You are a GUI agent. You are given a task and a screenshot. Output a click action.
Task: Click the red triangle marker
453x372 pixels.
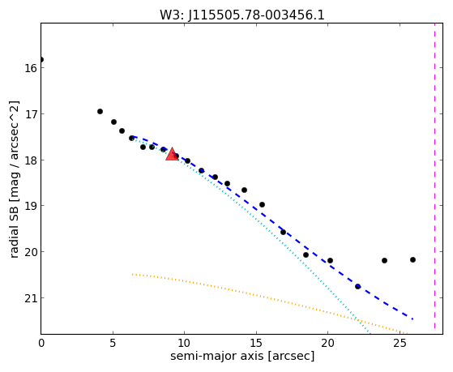(x=172, y=154)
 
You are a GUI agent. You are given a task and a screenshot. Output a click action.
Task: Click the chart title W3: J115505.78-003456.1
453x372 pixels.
(x=242, y=15)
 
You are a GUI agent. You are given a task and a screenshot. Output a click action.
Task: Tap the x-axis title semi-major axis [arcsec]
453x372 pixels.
(x=242, y=356)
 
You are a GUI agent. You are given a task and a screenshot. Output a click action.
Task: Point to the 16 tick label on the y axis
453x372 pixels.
(x=30, y=68)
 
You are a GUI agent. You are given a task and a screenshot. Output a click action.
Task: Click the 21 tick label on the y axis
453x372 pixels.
(x=30, y=298)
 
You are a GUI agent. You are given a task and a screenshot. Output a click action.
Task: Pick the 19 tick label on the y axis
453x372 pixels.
(x=30, y=206)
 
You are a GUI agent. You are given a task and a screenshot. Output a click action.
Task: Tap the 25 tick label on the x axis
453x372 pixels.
(x=400, y=343)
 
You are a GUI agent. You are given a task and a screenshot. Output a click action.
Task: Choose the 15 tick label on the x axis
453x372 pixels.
(x=256, y=343)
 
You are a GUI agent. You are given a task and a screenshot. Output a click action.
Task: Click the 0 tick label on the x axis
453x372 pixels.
(x=41, y=343)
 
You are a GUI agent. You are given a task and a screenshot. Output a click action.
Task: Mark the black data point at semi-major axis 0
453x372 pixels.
(x=41, y=59)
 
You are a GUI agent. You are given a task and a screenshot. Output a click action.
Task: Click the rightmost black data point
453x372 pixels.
(x=412, y=259)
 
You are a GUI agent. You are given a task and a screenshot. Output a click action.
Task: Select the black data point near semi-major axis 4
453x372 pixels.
(x=100, y=111)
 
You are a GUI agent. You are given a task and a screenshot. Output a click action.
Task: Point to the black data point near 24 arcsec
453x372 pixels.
(x=384, y=260)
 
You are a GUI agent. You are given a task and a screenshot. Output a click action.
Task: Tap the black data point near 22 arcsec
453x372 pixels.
(x=357, y=286)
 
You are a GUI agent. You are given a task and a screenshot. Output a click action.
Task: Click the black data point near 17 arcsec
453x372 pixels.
(x=283, y=232)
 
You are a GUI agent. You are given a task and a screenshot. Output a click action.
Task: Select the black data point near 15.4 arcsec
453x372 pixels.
(x=262, y=205)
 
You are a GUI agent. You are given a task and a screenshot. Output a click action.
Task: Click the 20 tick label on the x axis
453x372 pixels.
(x=328, y=343)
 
